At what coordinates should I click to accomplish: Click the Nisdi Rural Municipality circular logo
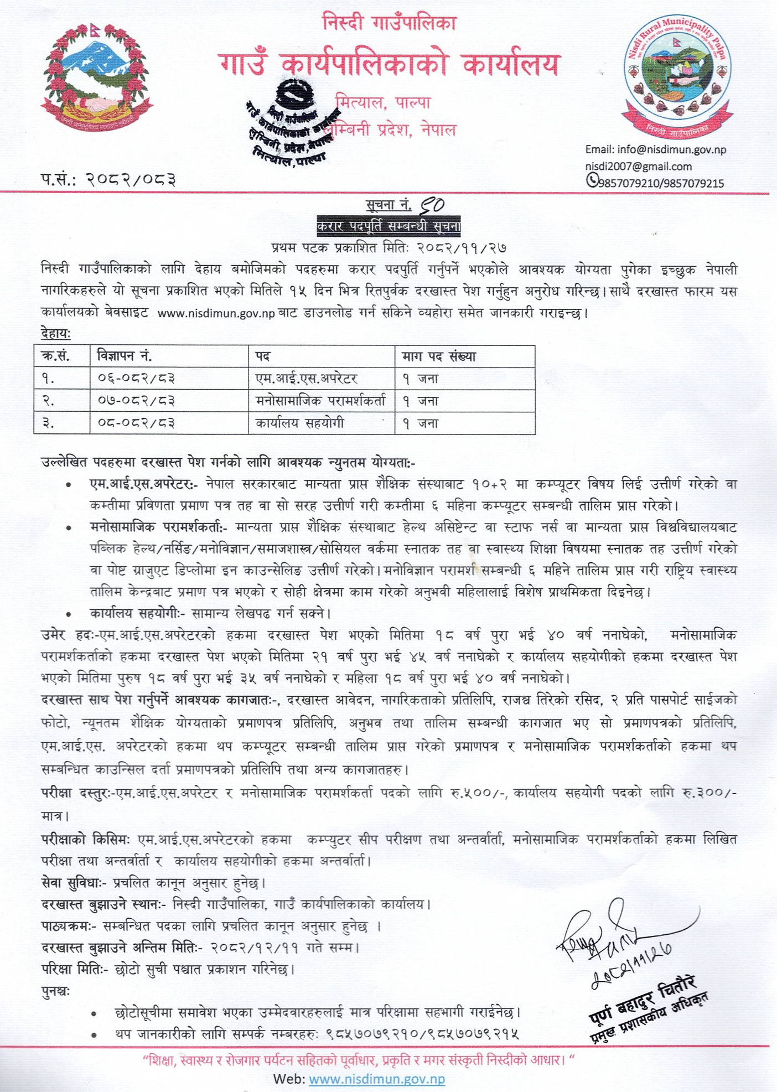(677, 77)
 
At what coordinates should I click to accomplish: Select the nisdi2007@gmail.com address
(638, 167)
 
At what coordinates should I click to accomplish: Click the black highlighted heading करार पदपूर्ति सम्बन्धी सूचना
(388, 226)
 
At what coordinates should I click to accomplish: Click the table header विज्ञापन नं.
(124, 356)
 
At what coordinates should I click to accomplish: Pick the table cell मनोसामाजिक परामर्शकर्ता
(320, 400)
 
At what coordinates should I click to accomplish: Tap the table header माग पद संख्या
(439, 356)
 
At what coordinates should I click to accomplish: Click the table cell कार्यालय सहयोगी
(299, 423)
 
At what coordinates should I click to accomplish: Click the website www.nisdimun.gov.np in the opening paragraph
(216, 313)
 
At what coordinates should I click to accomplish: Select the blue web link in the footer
(376, 1079)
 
